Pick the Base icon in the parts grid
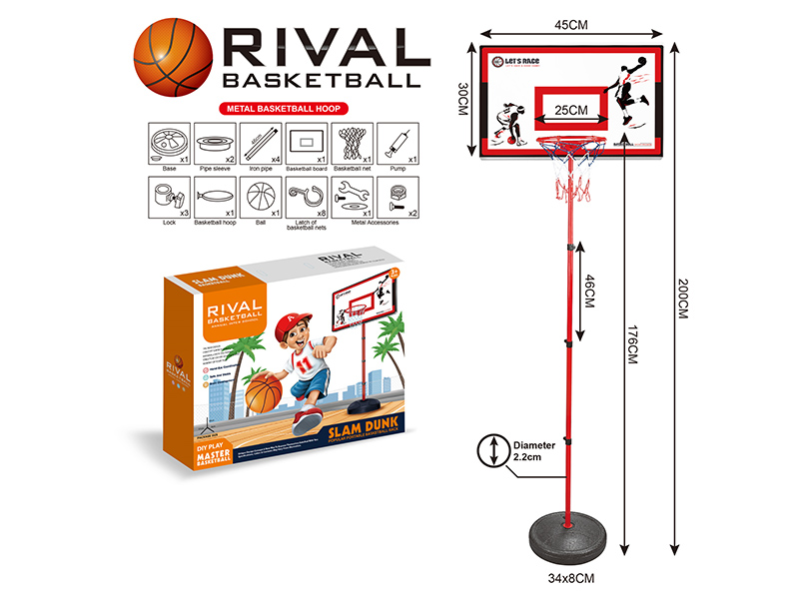[x=166, y=143]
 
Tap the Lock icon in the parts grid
[x=166, y=197]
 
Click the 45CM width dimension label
[x=570, y=26]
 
